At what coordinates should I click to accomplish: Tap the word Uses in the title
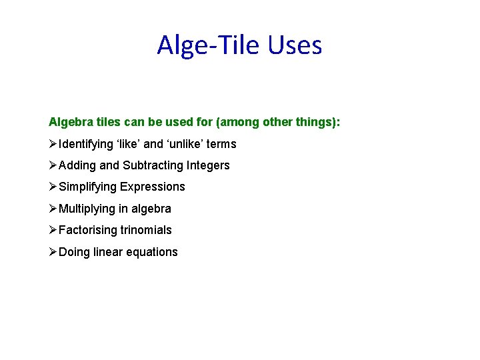[x=295, y=45]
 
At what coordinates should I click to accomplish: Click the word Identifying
[x=86, y=144]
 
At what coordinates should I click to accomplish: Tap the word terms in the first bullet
[x=222, y=144]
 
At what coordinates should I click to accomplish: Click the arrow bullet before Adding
[x=53, y=165]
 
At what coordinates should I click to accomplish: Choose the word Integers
[x=208, y=165]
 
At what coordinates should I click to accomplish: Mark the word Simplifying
[x=88, y=187]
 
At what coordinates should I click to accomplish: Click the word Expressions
[x=153, y=187]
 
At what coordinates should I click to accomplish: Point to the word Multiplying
[x=87, y=209]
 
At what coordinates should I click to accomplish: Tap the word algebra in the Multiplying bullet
[x=151, y=209]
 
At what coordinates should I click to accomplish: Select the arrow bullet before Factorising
[x=53, y=230]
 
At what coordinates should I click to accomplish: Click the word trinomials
[x=146, y=230]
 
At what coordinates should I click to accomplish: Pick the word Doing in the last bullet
[x=74, y=252]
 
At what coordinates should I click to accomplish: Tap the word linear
[x=107, y=252]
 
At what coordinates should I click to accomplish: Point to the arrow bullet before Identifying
[x=53, y=144]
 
